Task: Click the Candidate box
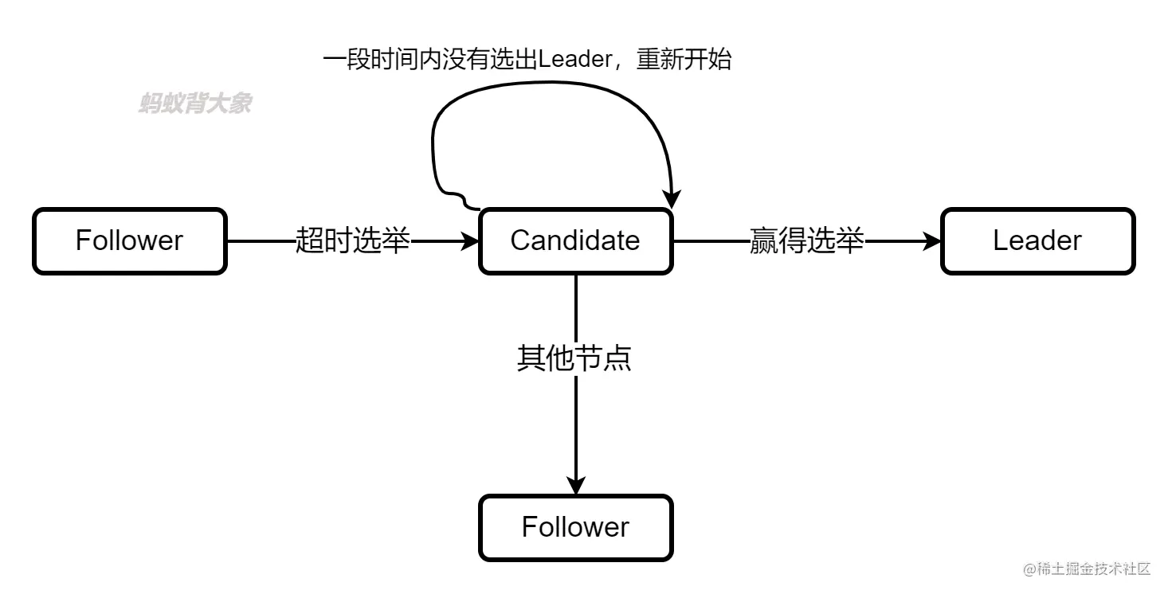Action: (x=575, y=240)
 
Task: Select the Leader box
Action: (x=1037, y=240)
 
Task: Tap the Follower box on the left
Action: (x=129, y=240)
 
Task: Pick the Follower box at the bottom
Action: (x=575, y=527)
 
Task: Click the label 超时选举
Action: (x=352, y=240)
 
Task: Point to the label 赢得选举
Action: (x=806, y=240)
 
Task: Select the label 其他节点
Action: (x=574, y=358)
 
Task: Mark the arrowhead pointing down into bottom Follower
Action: (x=575, y=485)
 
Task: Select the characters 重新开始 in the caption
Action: (x=684, y=60)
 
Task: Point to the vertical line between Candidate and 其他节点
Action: (x=575, y=307)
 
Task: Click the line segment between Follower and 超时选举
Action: (x=260, y=240)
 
